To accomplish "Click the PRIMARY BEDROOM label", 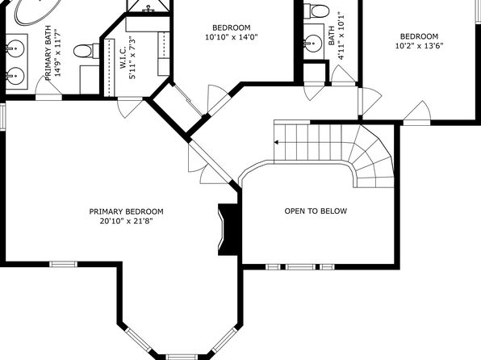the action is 126,211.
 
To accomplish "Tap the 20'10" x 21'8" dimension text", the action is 126,221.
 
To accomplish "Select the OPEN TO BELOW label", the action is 316,211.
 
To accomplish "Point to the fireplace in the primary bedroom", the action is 228,229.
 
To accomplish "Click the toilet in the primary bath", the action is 86,50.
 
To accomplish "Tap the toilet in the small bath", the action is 316,10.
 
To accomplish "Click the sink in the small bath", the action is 313,42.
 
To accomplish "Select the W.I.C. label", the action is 123,57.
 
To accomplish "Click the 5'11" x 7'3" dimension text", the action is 132,57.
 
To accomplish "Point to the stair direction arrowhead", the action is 276,142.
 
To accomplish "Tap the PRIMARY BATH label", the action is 48,52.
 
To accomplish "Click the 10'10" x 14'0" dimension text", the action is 232,37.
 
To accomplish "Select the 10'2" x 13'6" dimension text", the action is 419,46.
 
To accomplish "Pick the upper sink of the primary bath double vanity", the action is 15,48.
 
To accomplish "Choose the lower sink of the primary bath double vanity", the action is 15,76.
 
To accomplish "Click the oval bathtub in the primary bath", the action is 36,11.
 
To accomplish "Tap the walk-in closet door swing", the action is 131,107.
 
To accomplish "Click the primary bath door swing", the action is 48,86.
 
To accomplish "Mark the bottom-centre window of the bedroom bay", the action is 182,357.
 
